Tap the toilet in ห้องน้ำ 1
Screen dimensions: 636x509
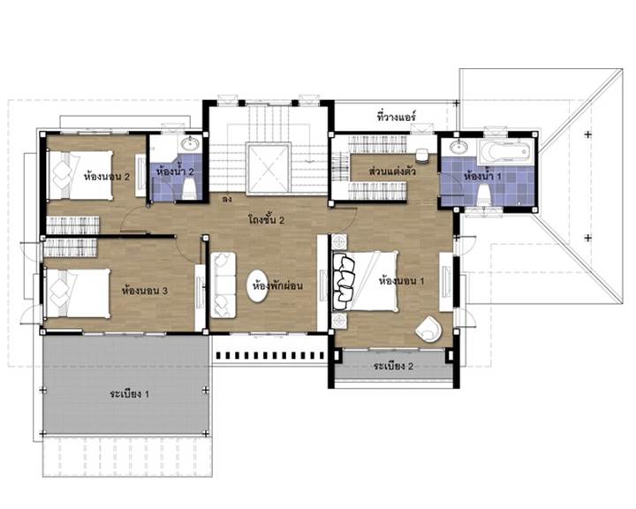click(x=482, y=194)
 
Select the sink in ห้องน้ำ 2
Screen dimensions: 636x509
click(x=189, y=143)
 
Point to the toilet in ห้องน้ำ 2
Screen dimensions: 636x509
click(x=189, y=189)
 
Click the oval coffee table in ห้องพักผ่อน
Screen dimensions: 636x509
click(x=258, y=286)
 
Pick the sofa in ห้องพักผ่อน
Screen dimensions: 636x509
click(x=223, y=285)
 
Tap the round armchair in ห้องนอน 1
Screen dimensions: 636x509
click(x=428, y=329)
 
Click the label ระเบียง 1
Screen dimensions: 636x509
click(x=129, y=394)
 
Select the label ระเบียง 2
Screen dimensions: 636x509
click(x=393, y=366)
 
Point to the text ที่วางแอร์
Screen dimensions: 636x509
click(x=397, y=117)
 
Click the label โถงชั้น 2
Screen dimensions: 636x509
click(x=266, y=220)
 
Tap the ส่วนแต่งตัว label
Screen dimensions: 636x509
click(x=392, y=171)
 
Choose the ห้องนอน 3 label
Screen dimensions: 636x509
click(x=144, y=291)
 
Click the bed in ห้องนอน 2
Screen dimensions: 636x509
click(x=80, y=175)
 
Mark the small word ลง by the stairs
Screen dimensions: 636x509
click(x=227, y=200)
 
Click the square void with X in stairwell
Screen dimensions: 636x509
click(x=269, y=169)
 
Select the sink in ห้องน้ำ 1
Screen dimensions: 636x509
click(x=458, y=146)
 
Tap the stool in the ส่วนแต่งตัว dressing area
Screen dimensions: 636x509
click(x=422, y=156)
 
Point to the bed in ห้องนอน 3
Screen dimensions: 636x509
click(x=77, y=293)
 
